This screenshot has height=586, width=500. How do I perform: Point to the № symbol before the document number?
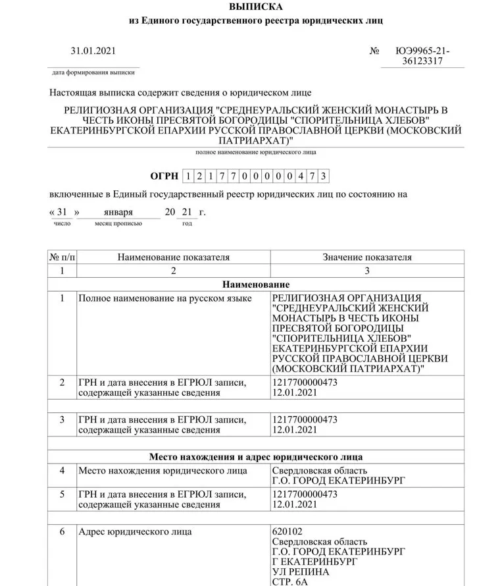[x=376, y=51]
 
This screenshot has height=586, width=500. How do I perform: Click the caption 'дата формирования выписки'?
[x=94, y=72]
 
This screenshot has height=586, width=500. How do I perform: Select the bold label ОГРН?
[x=164, y=175]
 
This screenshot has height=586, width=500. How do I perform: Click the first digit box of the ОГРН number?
[x=190, y=176]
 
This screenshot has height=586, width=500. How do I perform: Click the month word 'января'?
[x=118, y=213]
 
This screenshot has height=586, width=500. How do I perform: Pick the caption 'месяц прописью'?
[x=118, y=224]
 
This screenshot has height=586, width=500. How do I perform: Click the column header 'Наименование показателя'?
[x=173, y=257]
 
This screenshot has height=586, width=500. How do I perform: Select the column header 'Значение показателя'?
[x=366, y=257]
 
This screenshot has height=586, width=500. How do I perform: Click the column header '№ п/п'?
[x=62, y=257]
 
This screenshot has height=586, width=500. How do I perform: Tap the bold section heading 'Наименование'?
[x=256, y=284]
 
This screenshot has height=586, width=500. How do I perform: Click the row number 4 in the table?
[x=62, y=471]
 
